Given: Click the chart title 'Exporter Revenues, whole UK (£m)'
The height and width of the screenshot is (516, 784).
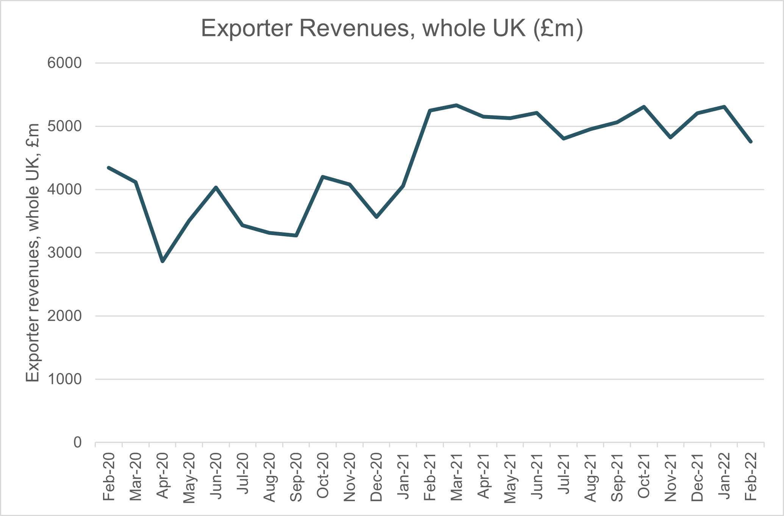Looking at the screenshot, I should click(392, 28).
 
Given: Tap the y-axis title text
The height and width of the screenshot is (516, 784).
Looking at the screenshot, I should click(33, 253).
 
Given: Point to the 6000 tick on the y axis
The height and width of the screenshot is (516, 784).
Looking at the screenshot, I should click(64, 63).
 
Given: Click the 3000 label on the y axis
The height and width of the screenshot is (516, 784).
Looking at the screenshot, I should click(64, 253).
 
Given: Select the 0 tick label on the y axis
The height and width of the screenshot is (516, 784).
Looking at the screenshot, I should click(77, 442).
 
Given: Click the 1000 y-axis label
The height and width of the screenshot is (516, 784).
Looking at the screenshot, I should click(64, 379).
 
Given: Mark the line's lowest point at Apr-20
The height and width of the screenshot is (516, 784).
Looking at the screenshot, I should click(162, 261).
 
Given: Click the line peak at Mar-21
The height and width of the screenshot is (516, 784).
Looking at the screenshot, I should click(457, 105).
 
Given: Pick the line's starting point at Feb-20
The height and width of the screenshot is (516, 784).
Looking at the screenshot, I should click(109, 167).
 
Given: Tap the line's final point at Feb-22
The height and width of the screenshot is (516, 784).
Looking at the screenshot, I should click(751, 142).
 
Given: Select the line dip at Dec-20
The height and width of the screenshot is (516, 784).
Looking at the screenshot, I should click(376, 217).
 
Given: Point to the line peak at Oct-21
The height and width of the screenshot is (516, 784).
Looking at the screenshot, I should click(644, 107).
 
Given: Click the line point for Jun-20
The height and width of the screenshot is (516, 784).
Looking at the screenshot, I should click(216, 187).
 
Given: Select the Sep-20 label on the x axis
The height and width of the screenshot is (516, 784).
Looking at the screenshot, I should click(296, 477).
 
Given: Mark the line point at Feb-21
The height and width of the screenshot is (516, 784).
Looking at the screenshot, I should click(430, 111).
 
